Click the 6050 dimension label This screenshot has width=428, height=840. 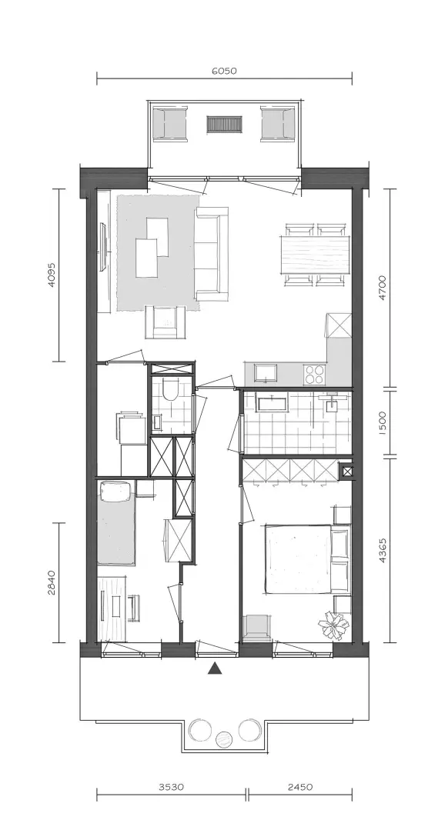(224, 70)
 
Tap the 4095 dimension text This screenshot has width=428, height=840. (52, 275)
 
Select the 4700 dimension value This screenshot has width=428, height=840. (382, 288)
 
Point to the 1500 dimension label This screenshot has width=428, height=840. (382, 422)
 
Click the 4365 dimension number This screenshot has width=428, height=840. (382, 550)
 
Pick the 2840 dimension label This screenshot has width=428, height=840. (52, 582)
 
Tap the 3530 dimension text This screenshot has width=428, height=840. (172, 787)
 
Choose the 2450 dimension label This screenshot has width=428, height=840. (299, 787)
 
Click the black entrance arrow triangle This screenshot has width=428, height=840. (215, 668)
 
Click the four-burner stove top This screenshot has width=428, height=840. (314, 374)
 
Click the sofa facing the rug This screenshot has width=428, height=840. (211, 255)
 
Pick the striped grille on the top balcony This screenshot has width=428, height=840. (224, 125)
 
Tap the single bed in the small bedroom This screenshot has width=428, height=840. (115, 523)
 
